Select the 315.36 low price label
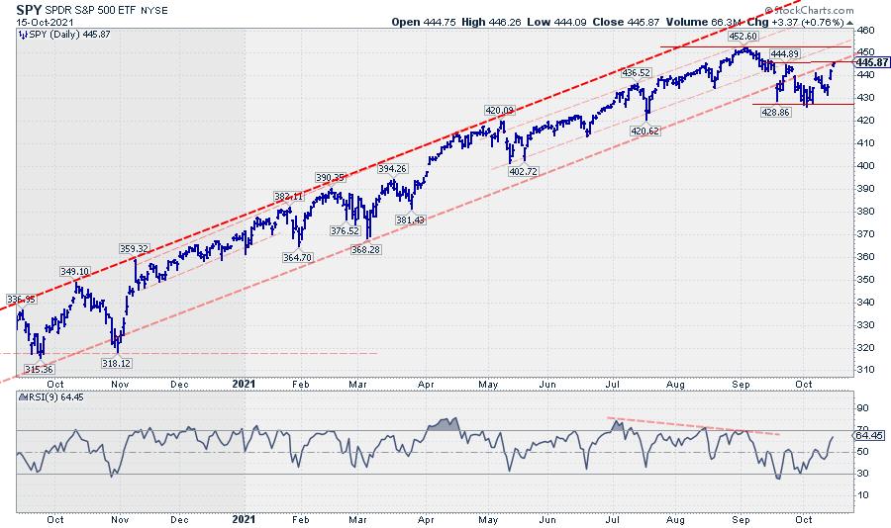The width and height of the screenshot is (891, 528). [x=38, y=369]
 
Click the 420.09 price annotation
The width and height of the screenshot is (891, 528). [x=501, y=110]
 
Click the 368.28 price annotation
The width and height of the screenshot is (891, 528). [x=366, y=249]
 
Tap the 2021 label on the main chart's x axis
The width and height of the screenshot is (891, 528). [x=245, y=381]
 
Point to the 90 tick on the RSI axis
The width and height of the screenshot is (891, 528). [x=861, y=407]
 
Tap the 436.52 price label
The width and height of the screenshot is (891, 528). [x=637, y=72]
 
